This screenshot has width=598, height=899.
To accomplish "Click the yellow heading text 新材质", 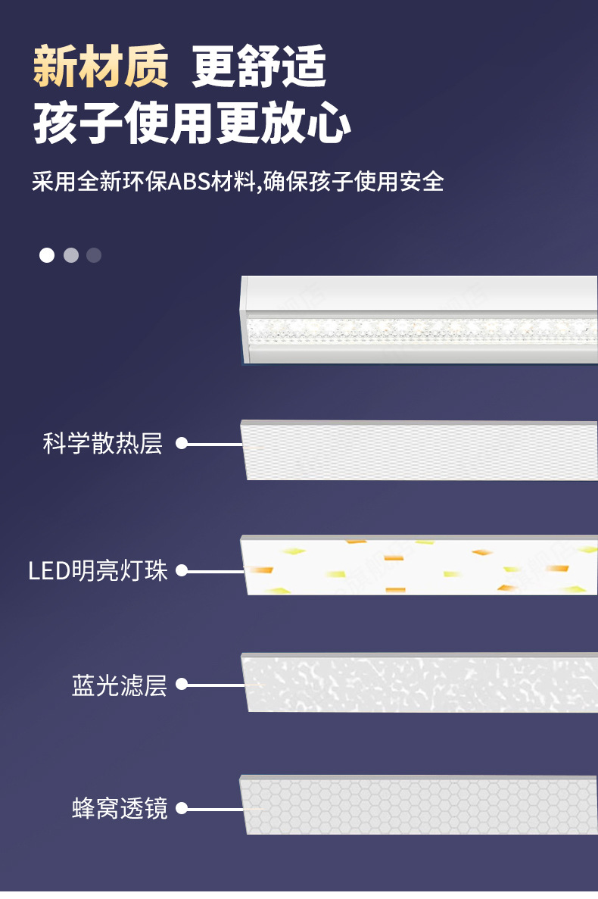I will point(101,67).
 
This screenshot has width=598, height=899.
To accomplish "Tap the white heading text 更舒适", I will point(259,67).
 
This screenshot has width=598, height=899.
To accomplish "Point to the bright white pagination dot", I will point(47,255).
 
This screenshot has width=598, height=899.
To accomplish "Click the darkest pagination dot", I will point(94,255).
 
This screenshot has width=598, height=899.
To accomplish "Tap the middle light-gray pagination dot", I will point(70,255).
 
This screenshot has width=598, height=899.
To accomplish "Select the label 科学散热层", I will point(103,443).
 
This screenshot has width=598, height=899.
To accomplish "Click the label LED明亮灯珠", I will point(98,570).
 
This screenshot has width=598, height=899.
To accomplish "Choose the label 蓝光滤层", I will point(119,685).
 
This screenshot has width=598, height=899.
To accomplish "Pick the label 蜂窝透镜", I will point(119,809).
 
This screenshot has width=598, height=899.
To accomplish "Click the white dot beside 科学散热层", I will point(182,443).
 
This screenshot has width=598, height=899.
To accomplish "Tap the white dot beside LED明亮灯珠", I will point(182,570).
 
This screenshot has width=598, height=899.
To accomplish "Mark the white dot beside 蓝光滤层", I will point(182,685).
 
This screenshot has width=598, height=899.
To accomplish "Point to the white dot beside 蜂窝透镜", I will point(182,809).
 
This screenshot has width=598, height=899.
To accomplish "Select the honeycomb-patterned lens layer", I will point(420,806).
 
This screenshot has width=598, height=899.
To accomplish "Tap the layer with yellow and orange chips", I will point(420,567).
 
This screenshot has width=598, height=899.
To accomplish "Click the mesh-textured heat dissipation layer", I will point(420,450).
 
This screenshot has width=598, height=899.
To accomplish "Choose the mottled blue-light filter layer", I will point(420,683).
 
